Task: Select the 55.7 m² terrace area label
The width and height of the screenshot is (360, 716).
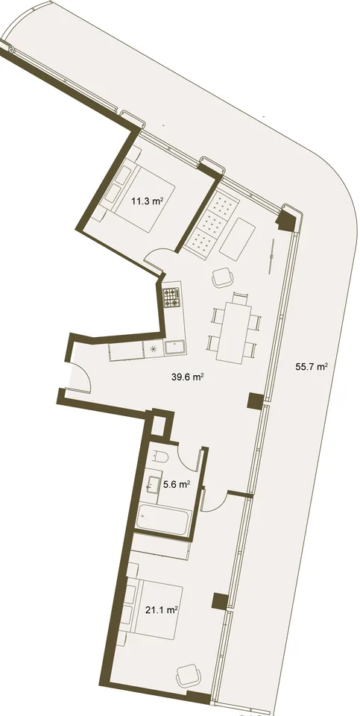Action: click(x=312, y=366)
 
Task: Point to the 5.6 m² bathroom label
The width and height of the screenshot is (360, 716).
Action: click(x=177, y=485)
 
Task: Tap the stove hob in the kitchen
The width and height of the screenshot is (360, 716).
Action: click(x=172, y=297)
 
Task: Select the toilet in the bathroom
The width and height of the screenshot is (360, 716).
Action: click(x=160, y=455)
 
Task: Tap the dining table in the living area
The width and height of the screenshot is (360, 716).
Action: click(x=234, y=333)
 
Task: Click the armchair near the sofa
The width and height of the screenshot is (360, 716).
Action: click(x=223, y=277)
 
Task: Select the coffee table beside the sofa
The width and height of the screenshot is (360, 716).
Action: click(x=237, y=239)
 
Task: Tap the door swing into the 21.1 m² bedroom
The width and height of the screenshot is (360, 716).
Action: click(x=214, y=500)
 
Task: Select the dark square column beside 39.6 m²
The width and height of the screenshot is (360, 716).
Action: click(x=256, y=401)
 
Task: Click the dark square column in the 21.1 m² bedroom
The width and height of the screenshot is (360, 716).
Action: click(x=220, y=601)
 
